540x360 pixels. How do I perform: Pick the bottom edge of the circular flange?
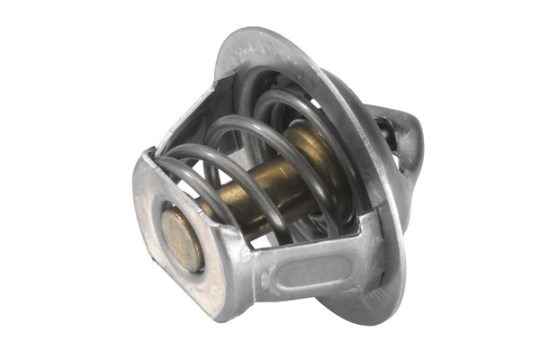[x=360, y=315]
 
